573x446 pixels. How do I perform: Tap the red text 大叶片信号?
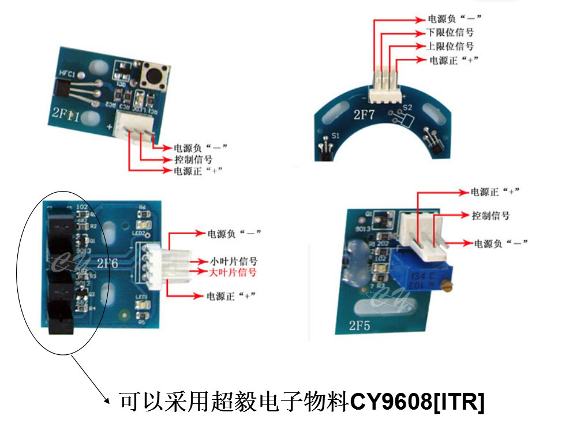234,271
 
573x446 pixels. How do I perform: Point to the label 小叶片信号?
234,261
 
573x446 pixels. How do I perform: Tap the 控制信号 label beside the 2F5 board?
490,215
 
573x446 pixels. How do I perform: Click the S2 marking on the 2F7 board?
407,107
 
